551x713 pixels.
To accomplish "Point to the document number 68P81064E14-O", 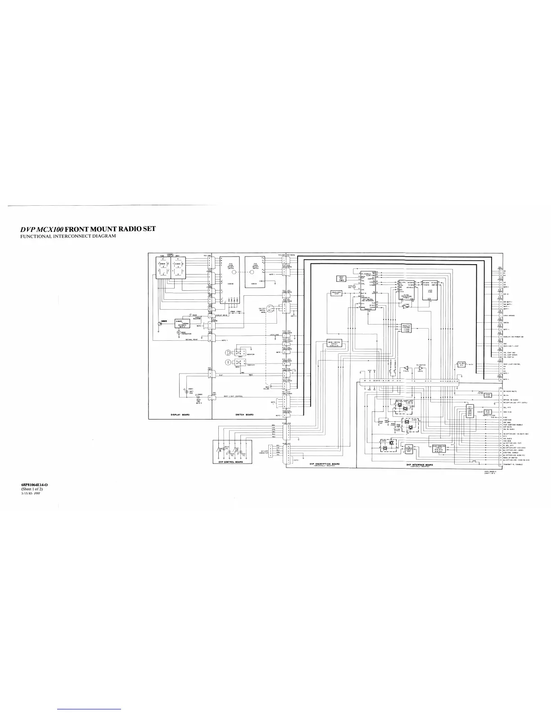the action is (34, 484).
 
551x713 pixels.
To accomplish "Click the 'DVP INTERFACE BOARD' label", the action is (420, 464).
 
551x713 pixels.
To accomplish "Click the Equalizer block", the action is (336, 293).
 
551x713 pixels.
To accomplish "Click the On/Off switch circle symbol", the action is (269, 308).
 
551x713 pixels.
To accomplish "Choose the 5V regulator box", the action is (461, 364).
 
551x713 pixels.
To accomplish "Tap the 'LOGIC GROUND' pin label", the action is (509, 316).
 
